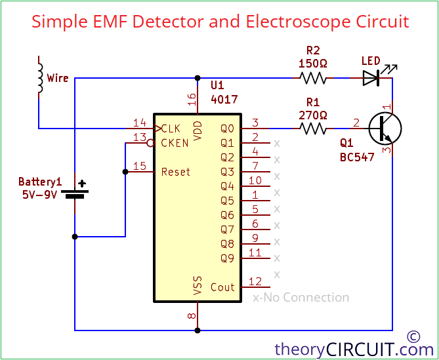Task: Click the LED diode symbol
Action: coord(371,78)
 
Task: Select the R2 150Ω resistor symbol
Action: coord(312,78)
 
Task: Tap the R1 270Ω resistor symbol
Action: coord(312,128)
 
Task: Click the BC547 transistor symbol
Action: coord(384,128)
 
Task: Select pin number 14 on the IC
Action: coord(139,123)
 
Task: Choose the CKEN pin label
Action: coord(175,143)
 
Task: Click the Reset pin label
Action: coord(175,172)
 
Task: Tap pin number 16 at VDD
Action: coord(192,99)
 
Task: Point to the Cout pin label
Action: coord(222,287)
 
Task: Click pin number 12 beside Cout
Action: coord(255,281)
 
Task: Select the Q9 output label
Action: coord(227,258)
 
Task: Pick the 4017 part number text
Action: coord(224,100)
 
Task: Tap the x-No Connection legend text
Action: coord(301,298)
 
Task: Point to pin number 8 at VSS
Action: coord(192,316)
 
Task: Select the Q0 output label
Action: coord(227,129)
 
